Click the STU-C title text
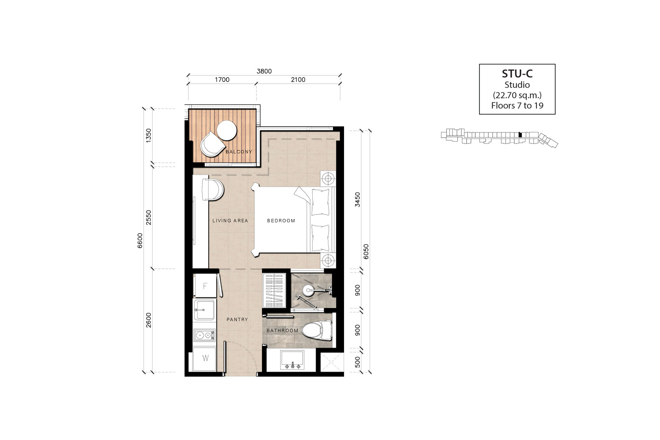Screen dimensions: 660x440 [517, 74]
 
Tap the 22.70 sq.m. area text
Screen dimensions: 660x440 [517, 95]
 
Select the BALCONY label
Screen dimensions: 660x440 [239, 152]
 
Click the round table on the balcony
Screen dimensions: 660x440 [226, 130]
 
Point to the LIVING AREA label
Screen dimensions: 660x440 [230, 221]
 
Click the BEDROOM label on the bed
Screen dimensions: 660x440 [281, 221]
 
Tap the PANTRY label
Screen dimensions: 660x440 [237, 320]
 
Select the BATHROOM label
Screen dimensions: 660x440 [283, 330]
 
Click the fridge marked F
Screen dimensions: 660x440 [205, 286]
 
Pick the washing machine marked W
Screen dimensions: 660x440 [205, 358]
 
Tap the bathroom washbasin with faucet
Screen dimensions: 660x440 [292, 360]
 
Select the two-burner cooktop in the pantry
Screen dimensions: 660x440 [204, 335]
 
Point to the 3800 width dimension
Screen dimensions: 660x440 [264, 71]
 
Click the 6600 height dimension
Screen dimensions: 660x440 [140, 240]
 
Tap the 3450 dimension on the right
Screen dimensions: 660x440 [357, 200]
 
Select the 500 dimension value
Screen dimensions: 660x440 [357, 362]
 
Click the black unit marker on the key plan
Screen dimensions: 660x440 [520, 135]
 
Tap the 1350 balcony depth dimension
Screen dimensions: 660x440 [148, 136]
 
